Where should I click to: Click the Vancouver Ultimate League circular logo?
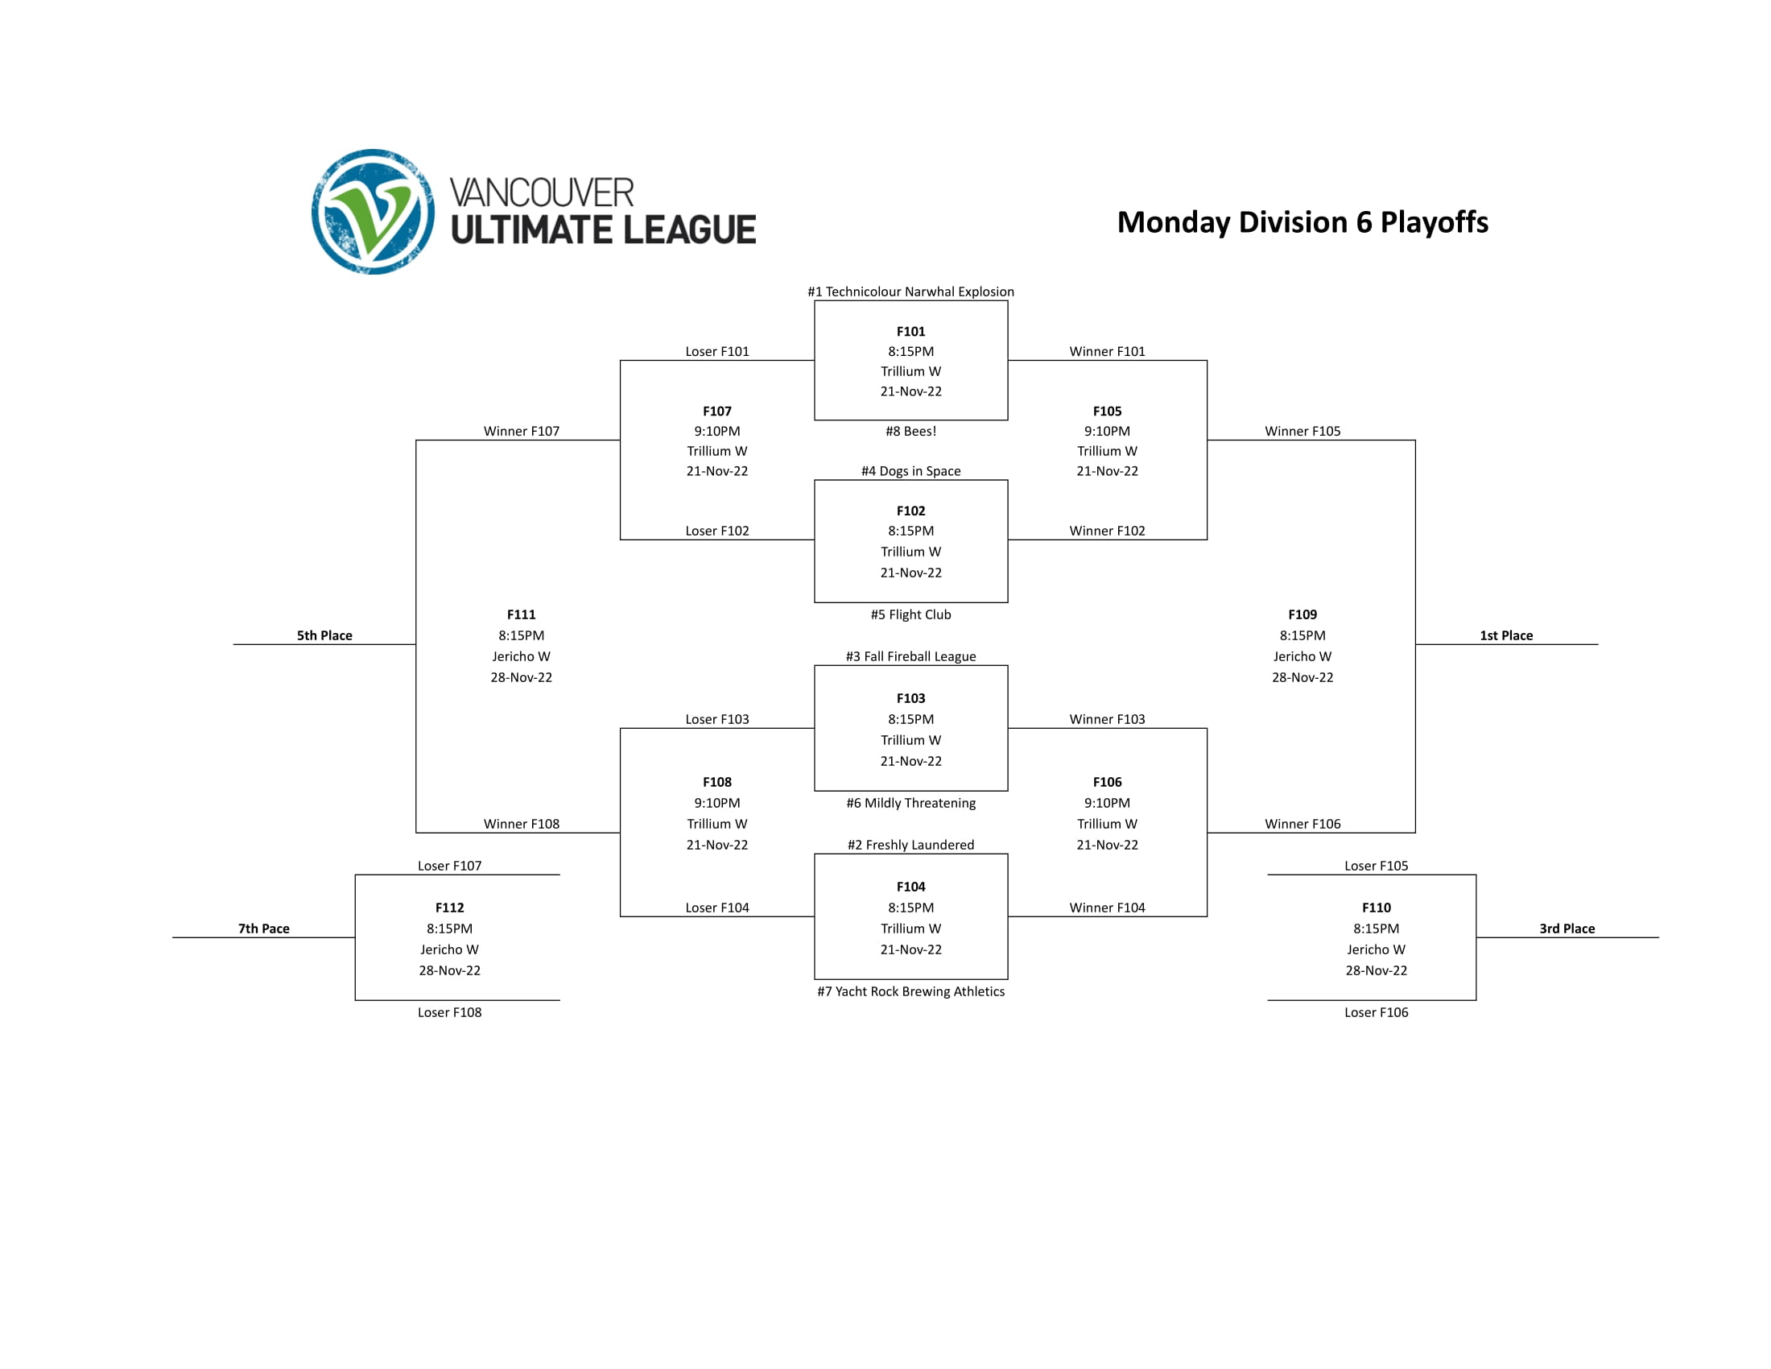click(372, 212)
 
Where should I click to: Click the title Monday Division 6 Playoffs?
click(1302, 222)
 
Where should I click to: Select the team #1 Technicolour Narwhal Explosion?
click(910, 292)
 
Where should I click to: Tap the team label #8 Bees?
click(910, 432)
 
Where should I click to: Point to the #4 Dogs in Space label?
click(910, 471)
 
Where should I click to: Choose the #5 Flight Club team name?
click(910, 614)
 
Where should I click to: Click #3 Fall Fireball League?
click(910, 656)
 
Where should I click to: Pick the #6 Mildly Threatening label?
click(910, 803)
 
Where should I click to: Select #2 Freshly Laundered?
click(910, 845)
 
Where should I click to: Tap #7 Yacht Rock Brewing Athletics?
click(910, 991)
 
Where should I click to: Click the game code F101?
click(910, 332)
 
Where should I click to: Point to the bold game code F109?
click(1302, 614)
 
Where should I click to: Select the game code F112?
click(449, 908)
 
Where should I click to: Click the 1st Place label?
click(1506, 636)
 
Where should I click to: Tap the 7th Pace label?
click(263, 929)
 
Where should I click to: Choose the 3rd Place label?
click(1567, 929)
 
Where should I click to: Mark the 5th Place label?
click(324, 636)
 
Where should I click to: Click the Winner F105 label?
click(1302, 432)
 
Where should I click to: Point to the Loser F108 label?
click(449, 1012)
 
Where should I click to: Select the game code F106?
click(1106, 782)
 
